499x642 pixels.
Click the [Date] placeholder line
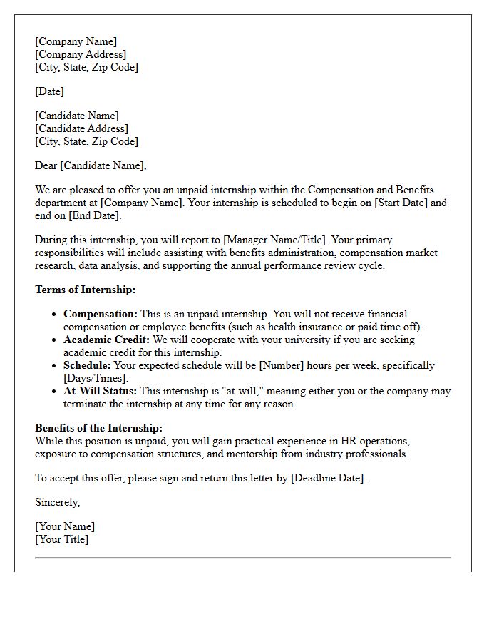[x=49, y=91]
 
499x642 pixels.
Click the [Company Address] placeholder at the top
[x=81, y=54]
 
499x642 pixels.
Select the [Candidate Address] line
[x=81, y=128]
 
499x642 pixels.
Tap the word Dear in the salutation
[x=46, y=165]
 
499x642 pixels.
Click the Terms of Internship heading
[x=85, y=290]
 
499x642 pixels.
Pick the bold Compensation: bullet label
[x=100, y=314]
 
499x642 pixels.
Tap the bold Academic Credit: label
[x=106, y=340]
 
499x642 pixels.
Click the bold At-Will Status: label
[x=101, y=391]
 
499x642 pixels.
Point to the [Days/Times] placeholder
[x=95, y=378]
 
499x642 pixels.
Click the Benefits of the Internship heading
[x=98, y=428]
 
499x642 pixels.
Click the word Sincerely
[x=57, y=502]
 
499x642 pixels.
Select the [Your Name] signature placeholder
[x=65, y=526]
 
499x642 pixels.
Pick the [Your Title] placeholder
[x=62, y=539]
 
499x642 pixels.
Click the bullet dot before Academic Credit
[x=55, y=340]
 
